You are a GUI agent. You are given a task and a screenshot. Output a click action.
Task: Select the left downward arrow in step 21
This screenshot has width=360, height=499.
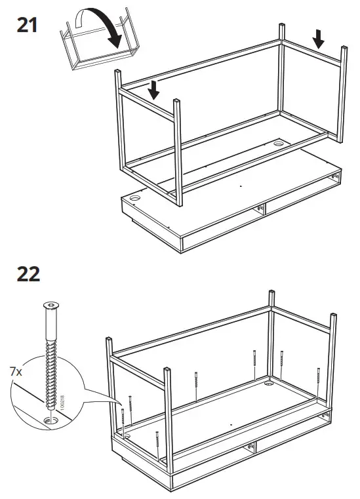(153, 90)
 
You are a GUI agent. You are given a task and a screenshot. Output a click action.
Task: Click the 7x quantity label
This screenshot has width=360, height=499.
(16, 372)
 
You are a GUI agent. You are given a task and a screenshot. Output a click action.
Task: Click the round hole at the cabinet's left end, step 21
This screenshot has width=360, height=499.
(138, 196)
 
